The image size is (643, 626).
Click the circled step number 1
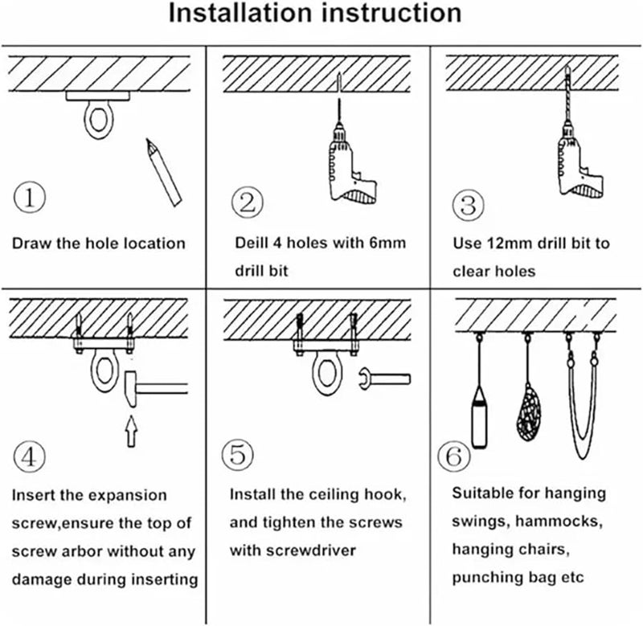point(30,197)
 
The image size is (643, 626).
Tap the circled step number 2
point(248,203)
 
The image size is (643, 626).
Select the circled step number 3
point(469,206)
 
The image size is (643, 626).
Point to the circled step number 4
point(29,456)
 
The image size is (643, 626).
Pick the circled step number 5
point(237,455)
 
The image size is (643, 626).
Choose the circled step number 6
point(453,456)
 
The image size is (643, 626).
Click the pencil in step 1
point(164,173)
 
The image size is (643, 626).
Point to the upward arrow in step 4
point(131,432)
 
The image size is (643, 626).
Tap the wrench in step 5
point(385,378)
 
